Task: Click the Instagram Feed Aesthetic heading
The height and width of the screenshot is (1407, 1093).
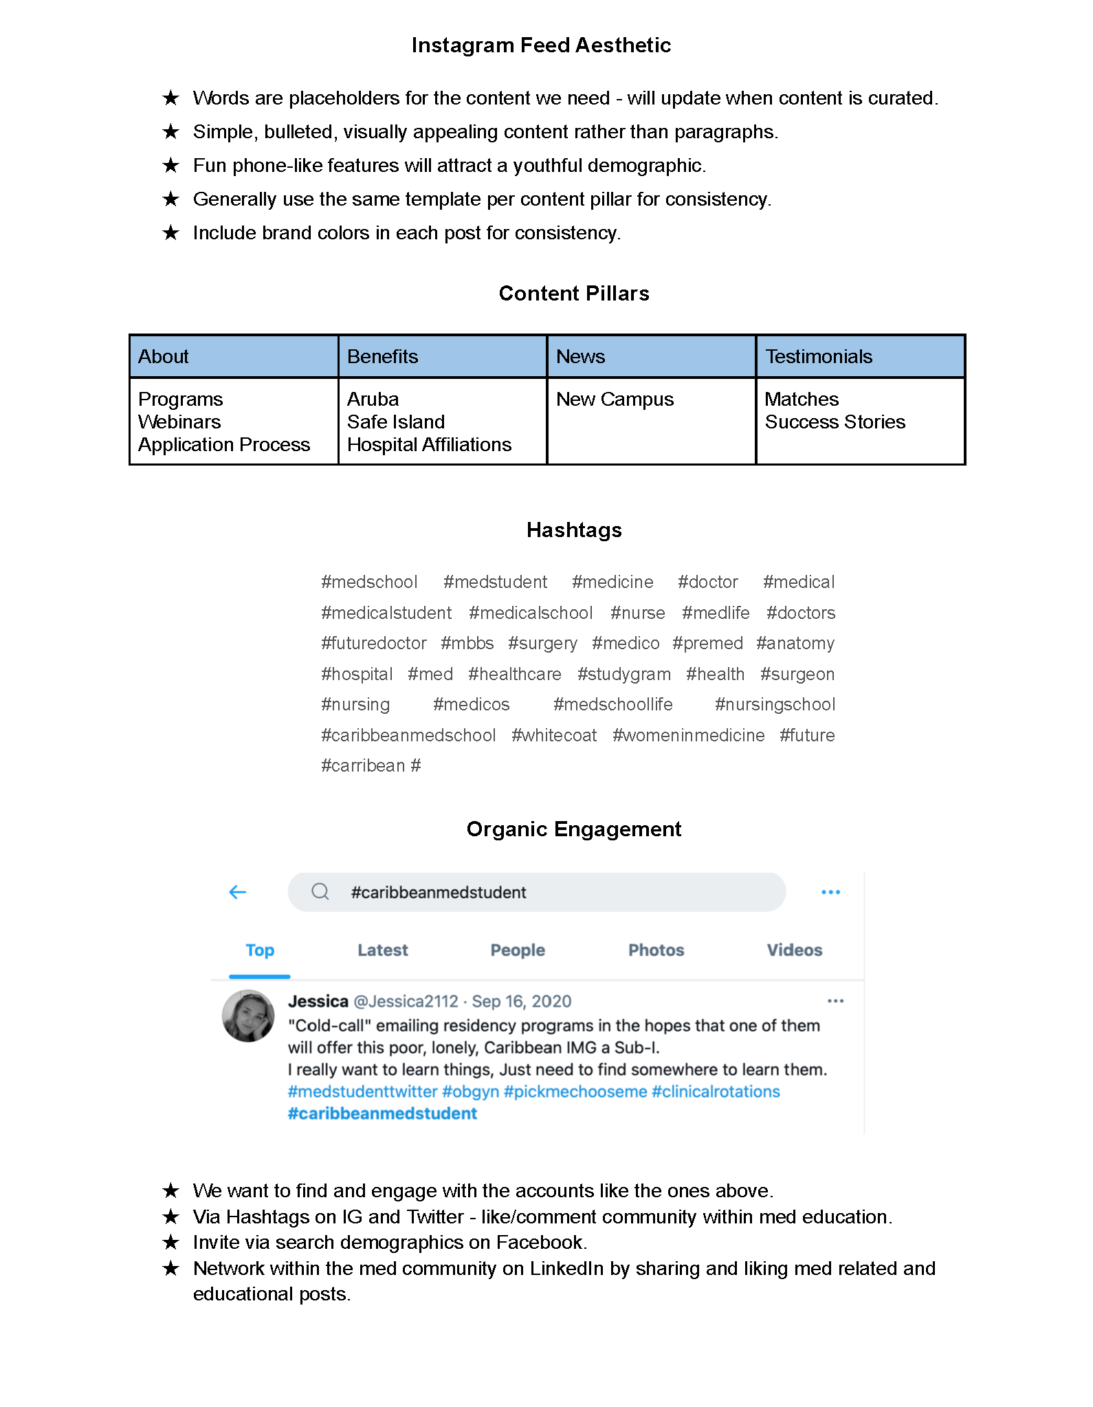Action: (541, 45)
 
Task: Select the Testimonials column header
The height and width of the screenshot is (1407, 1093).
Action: (819, 356)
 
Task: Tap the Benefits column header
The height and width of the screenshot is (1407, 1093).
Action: (382, 356)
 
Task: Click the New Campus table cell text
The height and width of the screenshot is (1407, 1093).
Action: (615, 400)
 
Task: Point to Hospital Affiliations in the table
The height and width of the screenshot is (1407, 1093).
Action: (429, 445)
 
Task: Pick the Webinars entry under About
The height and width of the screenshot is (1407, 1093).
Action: (179, 422)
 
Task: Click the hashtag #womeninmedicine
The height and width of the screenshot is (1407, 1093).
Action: (688, 735)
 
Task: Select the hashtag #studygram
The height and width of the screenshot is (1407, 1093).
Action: (623, 674)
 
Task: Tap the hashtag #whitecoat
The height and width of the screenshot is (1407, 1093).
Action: (554, 735)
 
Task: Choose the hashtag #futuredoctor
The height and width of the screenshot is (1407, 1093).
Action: (373, 643)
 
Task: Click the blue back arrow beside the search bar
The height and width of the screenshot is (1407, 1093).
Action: (237, 892)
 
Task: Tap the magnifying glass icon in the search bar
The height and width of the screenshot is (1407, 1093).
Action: (320, 892)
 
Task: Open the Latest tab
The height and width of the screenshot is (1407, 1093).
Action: (382, 950)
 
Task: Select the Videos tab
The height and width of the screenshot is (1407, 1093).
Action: (794, 950)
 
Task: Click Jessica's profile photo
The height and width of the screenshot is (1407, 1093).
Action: (248, 1016)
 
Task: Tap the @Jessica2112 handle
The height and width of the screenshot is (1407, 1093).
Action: (406, 1001)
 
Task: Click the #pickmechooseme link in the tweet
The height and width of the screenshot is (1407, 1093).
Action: (575, 1091)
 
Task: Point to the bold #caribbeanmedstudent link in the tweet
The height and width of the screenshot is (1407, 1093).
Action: (382, 1113)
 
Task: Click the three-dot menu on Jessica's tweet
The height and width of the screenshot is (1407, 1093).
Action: (835, 1001)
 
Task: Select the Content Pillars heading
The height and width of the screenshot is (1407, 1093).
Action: (574, 294)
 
